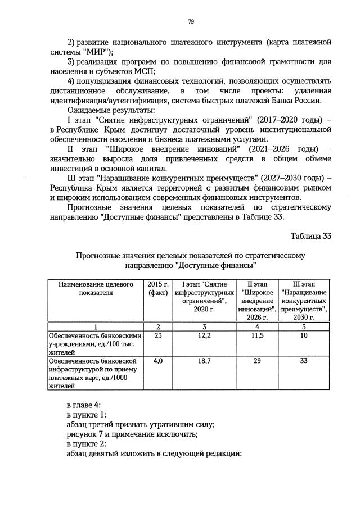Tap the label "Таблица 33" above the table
(311, 235)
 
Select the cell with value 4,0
(157, 361)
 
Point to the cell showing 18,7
(204, 361)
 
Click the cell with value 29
(256, 361)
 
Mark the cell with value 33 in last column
(304, 361)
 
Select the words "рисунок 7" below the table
(84, 433)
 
